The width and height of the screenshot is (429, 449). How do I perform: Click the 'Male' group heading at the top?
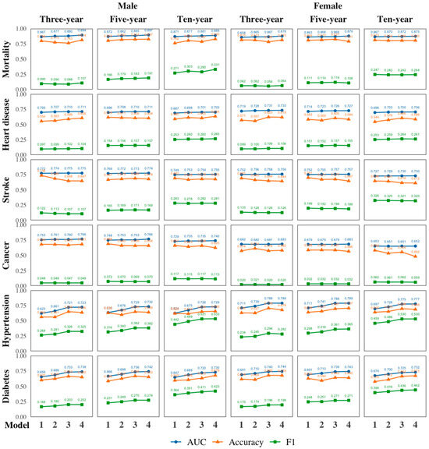coord(128,5)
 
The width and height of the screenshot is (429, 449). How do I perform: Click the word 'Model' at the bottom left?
coord(14,424)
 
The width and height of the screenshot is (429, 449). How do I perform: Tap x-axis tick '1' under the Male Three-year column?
coord(40,424)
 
